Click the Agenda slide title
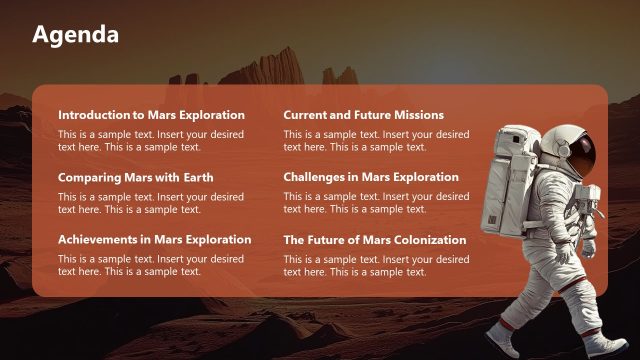tap(75, 35)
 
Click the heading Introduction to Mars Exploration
tap(151, 115)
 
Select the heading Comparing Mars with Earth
tap(135, 178)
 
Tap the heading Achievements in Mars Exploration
tap(154, 240)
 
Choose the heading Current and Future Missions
tap(363, 115)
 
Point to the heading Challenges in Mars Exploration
tap(371, 178)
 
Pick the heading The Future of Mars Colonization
tap(375, 240)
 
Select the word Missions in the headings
tap(417, 115)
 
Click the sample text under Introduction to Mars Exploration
tap(150, 140)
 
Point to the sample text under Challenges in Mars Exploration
tap(375, 203)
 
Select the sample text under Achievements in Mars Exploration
tap(150, 265)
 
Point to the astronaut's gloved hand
tap(589, 245)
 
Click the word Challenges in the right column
tap(318, 178)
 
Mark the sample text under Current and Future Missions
tap(375, 140)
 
